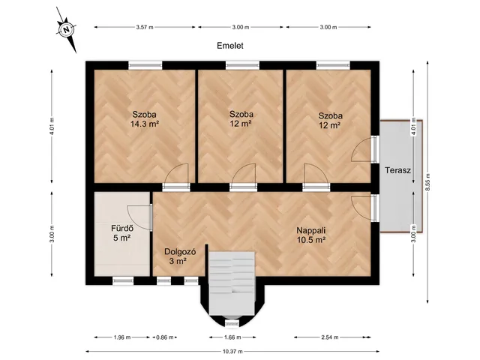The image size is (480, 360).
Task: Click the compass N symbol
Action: tap(66, 30)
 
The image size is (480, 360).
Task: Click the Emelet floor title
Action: tap(230, 46)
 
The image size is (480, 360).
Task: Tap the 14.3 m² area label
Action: tap(145, 124)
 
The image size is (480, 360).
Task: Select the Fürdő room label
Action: tap(122, 228)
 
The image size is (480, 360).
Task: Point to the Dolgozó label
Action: tap(180, 252)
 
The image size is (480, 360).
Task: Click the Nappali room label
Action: tap(310, 230)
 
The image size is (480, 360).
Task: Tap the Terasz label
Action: tap(397, 170)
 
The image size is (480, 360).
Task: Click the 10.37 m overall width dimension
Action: tap(232, 352)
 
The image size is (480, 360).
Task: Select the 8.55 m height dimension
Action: tap(427, 182)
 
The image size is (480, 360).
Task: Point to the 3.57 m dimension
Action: tap(145, 27)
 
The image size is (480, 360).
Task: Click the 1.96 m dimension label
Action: tap(122, 337)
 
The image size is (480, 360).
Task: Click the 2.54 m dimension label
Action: tap(330, 337)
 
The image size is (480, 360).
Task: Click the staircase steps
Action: tap(232, 283)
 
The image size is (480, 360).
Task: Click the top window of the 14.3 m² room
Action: tap(145, 65)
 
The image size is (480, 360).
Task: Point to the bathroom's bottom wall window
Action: tap(123, 280)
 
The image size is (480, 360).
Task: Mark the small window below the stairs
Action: tap(232, 323)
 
